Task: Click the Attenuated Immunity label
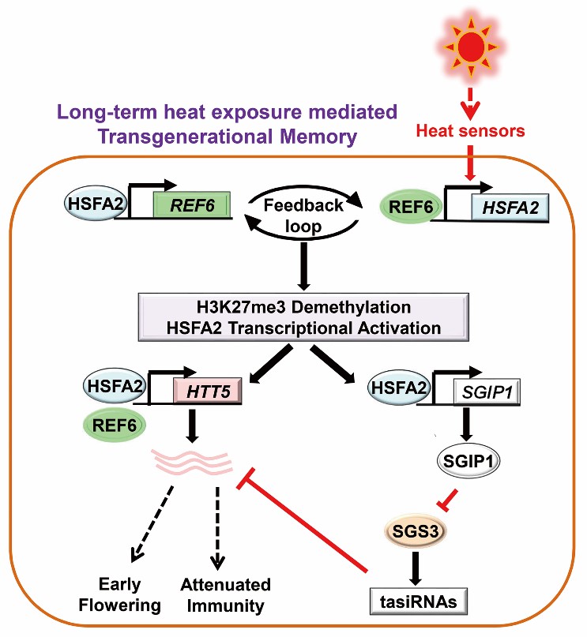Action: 225,594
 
